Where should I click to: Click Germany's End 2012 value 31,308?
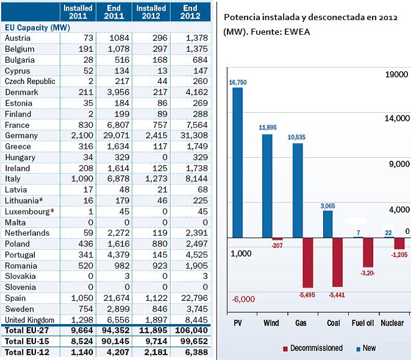[x=194, y=136]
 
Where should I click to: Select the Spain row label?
[x=15, y=298]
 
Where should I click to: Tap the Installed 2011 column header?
[x=78, y=12]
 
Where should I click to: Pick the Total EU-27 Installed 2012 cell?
[x=153, y=330]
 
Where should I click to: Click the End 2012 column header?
[x=190, y=12]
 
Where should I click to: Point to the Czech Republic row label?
[x=30, y=82]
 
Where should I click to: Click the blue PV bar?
[x=237, y=163]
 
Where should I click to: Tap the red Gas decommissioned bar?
[x=308, y=263]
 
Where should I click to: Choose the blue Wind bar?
[x=267, y=186]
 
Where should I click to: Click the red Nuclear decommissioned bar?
[x=399, y=243]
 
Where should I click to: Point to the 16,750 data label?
[x=238, y=82]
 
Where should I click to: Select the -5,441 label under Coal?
[x=337, y=295]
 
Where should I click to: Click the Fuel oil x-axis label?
[x=363, y=323]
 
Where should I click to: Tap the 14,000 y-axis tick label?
[x=397, y=119]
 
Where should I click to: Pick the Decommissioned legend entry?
[x=313, y=348]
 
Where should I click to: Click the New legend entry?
[x=366, y=348]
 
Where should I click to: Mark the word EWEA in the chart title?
[x=297, y=32]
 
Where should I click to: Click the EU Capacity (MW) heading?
[x=37, y=28]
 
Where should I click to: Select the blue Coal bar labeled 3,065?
[x=327, y=224]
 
